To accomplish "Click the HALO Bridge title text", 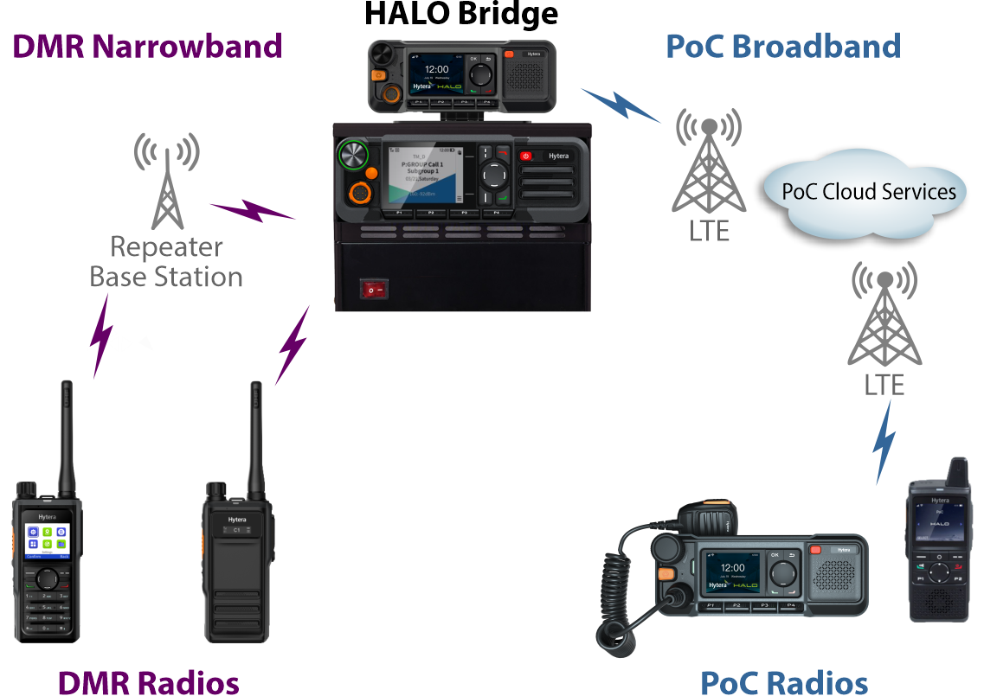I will [461, 15].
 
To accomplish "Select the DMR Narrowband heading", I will [147, 46].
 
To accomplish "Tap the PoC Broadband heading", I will [783, 46].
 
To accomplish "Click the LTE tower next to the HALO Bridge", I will [709, 164].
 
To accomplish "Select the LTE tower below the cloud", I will [884, 316].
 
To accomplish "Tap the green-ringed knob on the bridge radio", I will [353, 156].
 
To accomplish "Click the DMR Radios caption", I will [148, 682].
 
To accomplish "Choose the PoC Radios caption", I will [783, 682].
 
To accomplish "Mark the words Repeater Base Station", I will [166, 262].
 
